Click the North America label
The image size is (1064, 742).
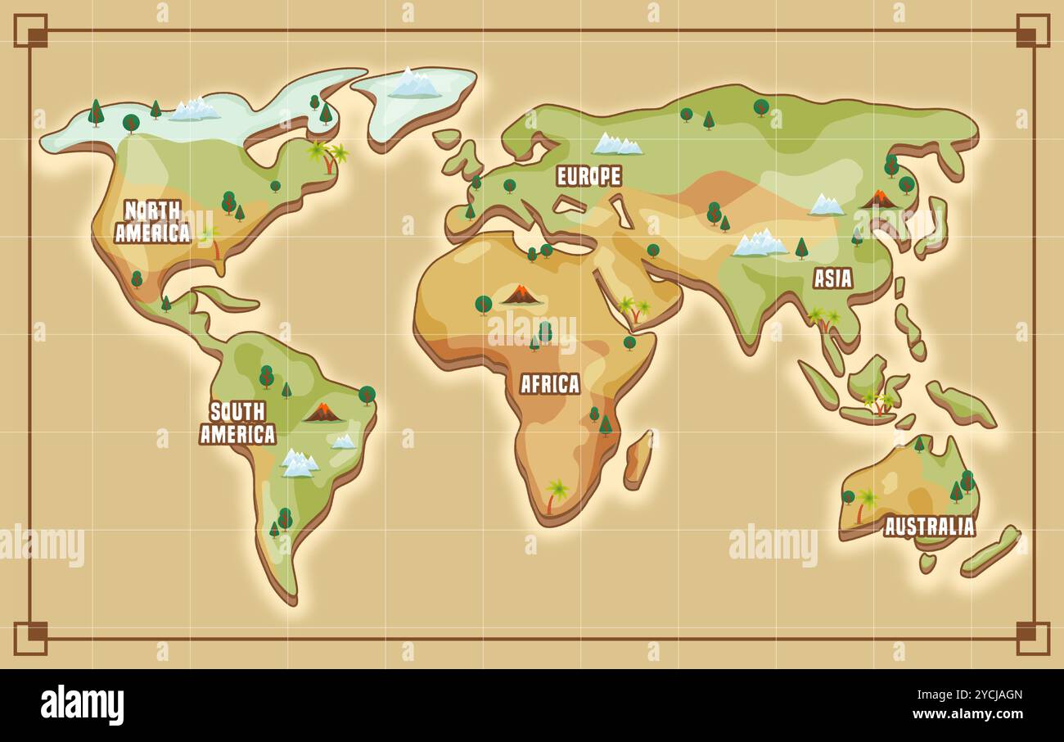[x=152, y=222]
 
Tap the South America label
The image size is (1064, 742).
[x=237, y=423]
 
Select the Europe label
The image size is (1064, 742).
[x=588, y=176]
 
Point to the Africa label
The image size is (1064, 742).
[x=550, y=383]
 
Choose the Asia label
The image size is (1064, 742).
[x=832, y=278]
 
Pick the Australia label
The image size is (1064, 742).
[x=930, y=527]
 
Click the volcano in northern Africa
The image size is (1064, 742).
[x=521, y=295]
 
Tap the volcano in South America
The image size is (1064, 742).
[x=322, y=412]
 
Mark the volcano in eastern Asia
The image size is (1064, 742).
[x=879, y=199]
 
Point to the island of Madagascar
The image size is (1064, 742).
[x=638, y=460]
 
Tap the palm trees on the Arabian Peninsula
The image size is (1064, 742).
[x=633, y=310]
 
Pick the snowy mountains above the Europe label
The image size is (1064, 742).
[x=616, y=144]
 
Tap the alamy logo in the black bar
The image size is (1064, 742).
[x=82, y=705]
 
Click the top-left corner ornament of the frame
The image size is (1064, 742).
[x=31, y=30]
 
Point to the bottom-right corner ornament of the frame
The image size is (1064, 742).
[x=1032, y=638]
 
